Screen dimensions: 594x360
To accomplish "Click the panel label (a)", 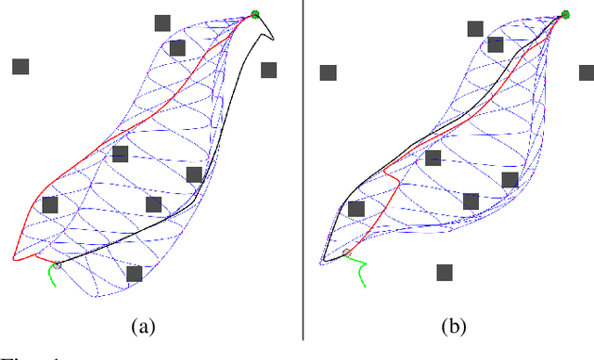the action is pyautogui.click(x=143, y=326).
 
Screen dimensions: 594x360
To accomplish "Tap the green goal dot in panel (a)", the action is pyautogui.click(x=255, y=15).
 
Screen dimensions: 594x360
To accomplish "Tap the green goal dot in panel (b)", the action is pyautogui.click(x=563, y=15).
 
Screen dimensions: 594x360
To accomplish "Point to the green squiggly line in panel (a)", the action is pyautogui.click(x=52, y=276).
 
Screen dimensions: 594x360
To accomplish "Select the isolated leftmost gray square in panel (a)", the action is pyautogui.click(x=20, y=66).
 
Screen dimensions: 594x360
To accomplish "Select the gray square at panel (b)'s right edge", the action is pyautogui.click(x=587, y=72).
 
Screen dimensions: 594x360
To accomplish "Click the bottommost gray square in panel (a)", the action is pyautogui.click(x=134, y=274).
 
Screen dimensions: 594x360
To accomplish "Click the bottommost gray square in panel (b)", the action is pyautogui.click(x=445, y=272).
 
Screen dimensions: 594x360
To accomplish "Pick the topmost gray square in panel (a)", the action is pyautogui.click(x=162, y=22).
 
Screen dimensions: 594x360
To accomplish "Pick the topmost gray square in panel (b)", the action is pyautogui.click(x=475, y=28).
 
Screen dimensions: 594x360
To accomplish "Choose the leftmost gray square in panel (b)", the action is pyautogui.click(x=328, y=72).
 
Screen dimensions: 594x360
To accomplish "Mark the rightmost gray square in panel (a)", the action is pyautogui.click(x=269, y=70).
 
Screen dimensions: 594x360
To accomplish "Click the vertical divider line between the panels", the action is pyautogui.click(x=303, y=167).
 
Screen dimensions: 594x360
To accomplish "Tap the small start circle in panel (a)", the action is pyautogui.click(x=57, y=264).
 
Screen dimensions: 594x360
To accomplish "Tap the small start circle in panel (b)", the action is pyautogui.click(x=346, y=252).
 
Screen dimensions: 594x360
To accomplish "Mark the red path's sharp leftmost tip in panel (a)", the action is pyautogui.click(x=14, y=259).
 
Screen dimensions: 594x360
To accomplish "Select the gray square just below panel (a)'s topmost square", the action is pyautogui.click(x=177, y=47).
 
